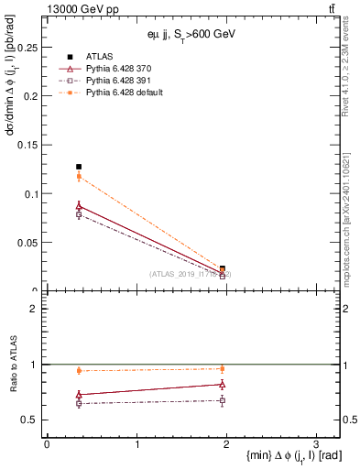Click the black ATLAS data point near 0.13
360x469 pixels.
[x=79, y=167]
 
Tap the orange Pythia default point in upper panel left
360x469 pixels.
[x=79, y=176]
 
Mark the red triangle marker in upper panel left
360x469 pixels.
[x=79, y=207]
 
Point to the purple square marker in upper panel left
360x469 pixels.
[x=79, y=214]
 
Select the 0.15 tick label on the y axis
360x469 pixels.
[x=30, y=145]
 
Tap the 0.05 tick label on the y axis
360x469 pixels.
[x=30, y=243]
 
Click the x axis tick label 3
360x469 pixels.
[x=315, y=444]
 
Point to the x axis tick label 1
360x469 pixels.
[x=136, y=444]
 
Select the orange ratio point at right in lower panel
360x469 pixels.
[x=223, y=369]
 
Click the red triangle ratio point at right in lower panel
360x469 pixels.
[x=223, y=385]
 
